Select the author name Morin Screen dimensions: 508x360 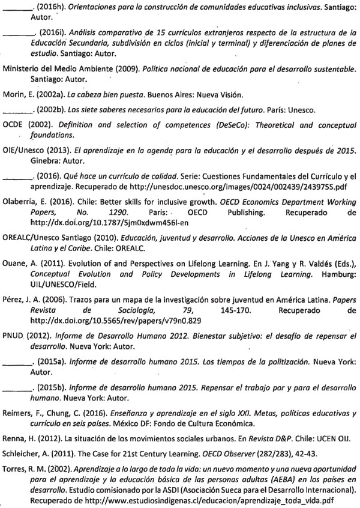[13, 95]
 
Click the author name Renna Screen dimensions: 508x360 [15, 424]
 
